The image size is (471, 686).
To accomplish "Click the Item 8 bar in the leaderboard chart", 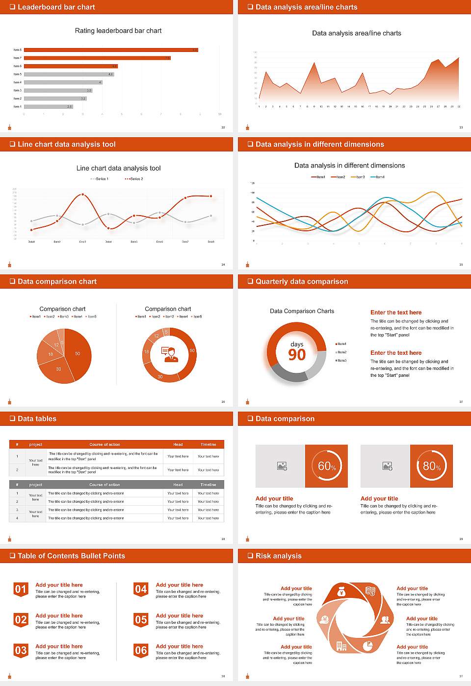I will [111, 50].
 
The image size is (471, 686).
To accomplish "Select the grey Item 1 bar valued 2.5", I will [48, 106].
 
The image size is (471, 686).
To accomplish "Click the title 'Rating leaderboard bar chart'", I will [118, 31].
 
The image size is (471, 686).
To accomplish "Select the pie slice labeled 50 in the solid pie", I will [78, 353].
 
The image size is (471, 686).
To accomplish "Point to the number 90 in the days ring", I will [297, 355].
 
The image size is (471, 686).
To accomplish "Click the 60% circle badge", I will [327, 466].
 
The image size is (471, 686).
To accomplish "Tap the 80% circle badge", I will [432, 466].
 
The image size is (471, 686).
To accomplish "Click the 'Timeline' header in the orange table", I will [208, 444].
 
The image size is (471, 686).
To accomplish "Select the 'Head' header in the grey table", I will [178, 485].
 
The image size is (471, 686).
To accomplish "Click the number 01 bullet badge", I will [21, 589].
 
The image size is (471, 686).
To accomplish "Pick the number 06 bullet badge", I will [141, 651].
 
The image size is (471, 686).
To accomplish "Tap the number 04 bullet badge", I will [141, 589].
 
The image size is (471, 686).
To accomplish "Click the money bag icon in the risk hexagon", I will [341, 592].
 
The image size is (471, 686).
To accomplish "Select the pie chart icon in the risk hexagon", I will [367, 646].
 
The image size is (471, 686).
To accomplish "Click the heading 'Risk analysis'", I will [278, 556].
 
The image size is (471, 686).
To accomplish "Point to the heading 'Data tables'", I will [37, 419].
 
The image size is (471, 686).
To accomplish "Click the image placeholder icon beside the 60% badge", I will [282, 466].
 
